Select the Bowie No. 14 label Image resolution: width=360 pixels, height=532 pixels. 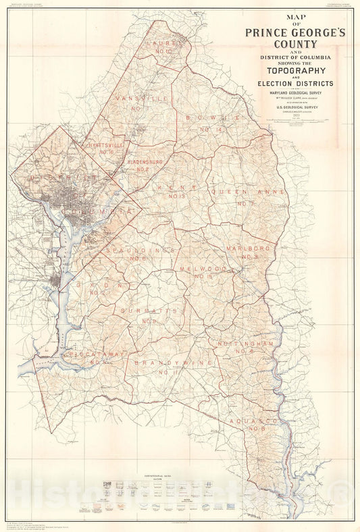211,122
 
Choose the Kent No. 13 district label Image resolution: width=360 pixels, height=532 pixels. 176,190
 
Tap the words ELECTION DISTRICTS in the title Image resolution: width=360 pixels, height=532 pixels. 292,84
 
